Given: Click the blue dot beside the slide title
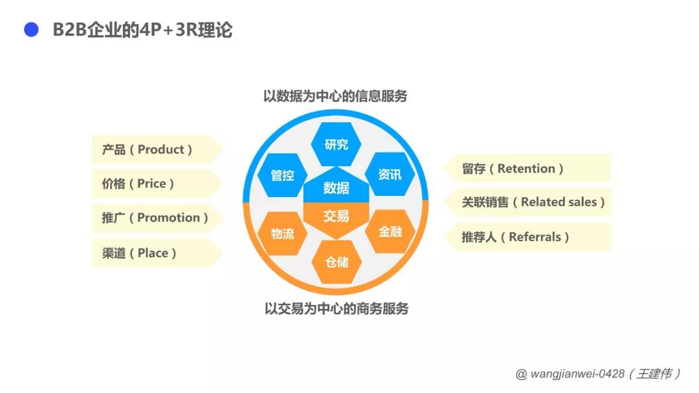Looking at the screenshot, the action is (31, 30).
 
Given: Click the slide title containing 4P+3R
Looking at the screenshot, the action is (142, 30).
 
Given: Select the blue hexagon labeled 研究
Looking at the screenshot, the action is (336, 144).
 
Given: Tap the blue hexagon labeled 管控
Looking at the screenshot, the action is (282, 175).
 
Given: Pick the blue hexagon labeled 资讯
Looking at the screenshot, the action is (390, 174).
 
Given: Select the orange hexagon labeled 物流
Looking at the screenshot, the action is (282, 233).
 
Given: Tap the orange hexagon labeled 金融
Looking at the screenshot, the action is (390, 231).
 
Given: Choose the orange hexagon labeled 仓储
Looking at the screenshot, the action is (336, 262).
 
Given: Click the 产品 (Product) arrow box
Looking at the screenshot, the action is (157, 149).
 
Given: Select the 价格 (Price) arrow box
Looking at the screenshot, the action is (157, 184).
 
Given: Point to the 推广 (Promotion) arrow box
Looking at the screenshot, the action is (157, 218).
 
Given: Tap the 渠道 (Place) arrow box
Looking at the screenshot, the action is (157, 253).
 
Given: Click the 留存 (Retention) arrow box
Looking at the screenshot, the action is (527, 168).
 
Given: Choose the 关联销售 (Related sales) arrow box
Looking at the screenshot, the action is (527, 202).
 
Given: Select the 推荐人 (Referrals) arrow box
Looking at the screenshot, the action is (527, 237).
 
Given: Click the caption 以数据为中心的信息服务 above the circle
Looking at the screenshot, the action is (335, 96).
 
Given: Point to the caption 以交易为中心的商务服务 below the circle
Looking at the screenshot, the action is (337, 308).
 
